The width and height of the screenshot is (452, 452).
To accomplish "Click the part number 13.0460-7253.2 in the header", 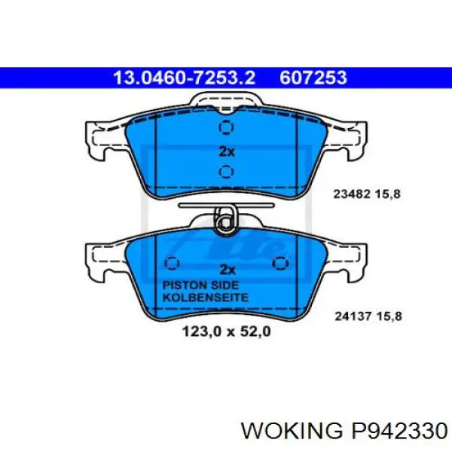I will [x=184, y=77].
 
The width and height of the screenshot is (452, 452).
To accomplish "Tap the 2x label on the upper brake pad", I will [x=226, y=151].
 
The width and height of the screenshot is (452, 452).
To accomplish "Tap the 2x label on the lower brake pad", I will [x=226, y=269].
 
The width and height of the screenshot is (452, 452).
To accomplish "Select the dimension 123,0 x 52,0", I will [x=225, y=330].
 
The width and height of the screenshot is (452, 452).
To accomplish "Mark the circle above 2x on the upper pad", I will [x=224, y=128].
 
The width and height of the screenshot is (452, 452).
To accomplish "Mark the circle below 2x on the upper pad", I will [x=224, y=173].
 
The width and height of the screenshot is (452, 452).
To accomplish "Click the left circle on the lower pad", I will [x=171, y=263].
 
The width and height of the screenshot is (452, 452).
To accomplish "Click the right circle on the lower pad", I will [x=280, y=263].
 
